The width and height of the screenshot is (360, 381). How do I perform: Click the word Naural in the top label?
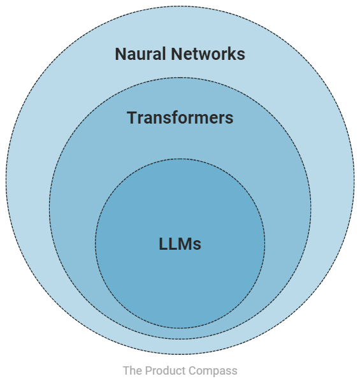point(140,54)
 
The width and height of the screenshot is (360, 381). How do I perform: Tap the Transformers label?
point(180,118)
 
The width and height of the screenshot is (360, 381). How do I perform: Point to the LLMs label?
point(180,244)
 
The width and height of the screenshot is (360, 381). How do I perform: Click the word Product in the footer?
point(166,370)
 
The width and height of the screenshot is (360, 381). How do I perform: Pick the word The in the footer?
point(133,370)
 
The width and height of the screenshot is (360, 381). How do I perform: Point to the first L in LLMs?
point(163,244)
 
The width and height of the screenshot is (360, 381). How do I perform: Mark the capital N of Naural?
point(121,54)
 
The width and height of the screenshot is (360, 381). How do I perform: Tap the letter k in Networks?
point(232,54)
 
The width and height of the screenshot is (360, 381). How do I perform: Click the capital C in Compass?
point(193,370)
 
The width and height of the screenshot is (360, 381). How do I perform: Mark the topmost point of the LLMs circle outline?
point(180,159)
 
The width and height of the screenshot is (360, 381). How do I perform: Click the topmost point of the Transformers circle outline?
point(180,79)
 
